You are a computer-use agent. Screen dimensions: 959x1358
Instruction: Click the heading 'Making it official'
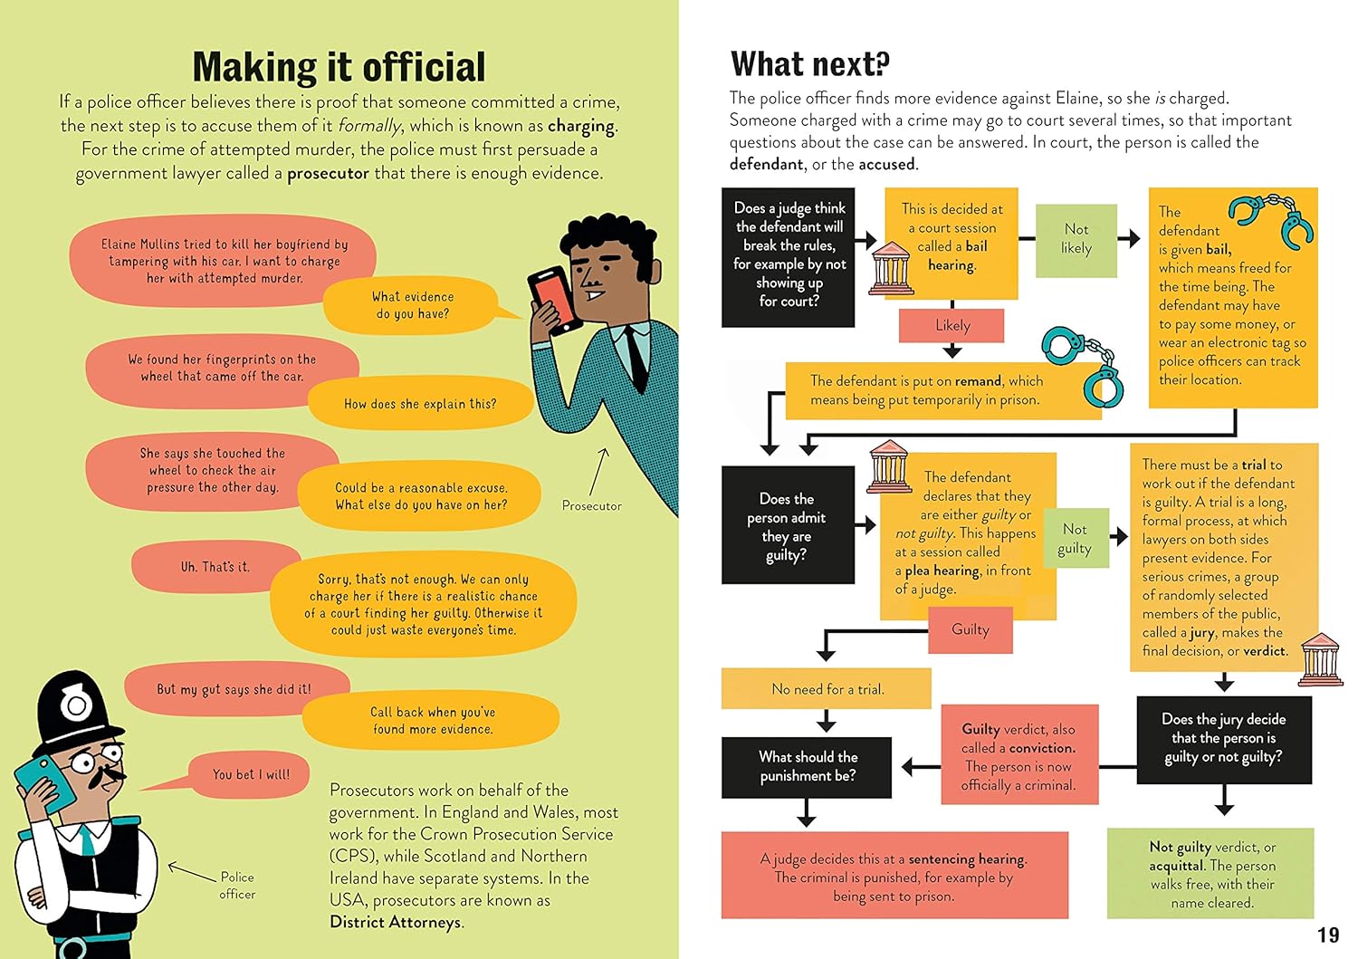tap(339, 67)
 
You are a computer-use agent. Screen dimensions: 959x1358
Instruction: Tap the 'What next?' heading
tap(809, 63)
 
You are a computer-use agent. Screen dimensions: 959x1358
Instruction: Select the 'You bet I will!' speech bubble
tap(251, 774)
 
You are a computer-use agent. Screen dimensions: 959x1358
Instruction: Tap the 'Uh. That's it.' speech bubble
tap(215, 567)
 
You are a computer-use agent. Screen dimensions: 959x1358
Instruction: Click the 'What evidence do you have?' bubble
tap(413, 305)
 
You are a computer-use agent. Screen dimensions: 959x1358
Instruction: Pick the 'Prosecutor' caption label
tap(591, 505)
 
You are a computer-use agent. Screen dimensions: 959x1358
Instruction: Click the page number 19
tap(1327, 935)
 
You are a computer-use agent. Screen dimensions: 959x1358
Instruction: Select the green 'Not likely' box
tap(1076, 239)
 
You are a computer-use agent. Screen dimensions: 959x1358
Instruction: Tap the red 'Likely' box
tap(952, 325)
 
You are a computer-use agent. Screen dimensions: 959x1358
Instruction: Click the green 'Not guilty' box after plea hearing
tap(1075, 539)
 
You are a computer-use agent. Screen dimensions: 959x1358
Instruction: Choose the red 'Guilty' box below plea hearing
tap(971, 629)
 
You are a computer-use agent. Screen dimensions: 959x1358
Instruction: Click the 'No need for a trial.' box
tap(826, 689)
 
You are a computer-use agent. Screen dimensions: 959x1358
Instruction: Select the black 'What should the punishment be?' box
tap(807, 766)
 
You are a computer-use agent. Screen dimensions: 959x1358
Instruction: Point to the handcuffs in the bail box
tap(1272, 218)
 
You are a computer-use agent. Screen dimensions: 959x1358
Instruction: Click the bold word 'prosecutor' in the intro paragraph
tap(328, 173)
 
